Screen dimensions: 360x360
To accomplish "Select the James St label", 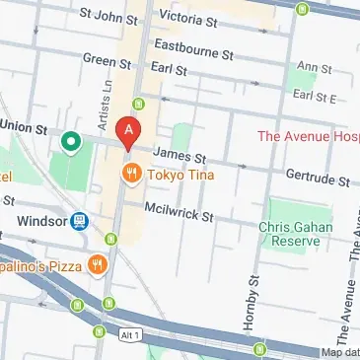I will pos(180,155).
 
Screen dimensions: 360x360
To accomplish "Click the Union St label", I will pos(24,128).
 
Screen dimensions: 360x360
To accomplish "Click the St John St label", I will pos(108,17).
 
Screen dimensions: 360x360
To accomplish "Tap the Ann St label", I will pos(315,68).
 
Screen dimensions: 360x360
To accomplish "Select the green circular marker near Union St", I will pos(70,143).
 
